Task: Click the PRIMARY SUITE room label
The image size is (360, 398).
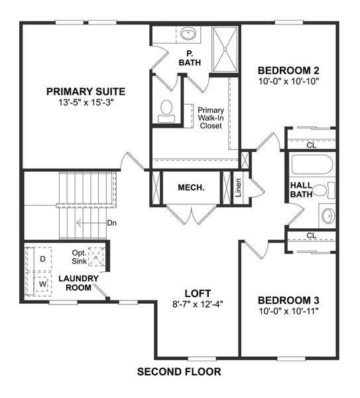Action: coord(86,92)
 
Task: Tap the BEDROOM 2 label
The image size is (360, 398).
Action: coord(289,70)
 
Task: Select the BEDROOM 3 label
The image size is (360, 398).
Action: coord(288,299)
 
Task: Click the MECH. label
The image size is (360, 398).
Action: coord(191,188)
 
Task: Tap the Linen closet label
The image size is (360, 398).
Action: coord(238,188)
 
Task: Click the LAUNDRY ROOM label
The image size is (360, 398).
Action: coord(78,283)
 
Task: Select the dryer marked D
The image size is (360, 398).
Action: coord(42,259)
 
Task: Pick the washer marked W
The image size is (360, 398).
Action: coord(42,283)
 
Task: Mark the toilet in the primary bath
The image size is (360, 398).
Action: coord(166,109)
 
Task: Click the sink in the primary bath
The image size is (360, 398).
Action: coord(188,33)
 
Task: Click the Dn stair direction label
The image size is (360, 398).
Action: coord(111,223)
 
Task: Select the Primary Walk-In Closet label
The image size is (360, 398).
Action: coord(211,118)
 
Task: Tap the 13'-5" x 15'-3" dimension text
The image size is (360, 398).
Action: coord(86,103)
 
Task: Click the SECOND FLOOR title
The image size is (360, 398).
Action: coord(179,372)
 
